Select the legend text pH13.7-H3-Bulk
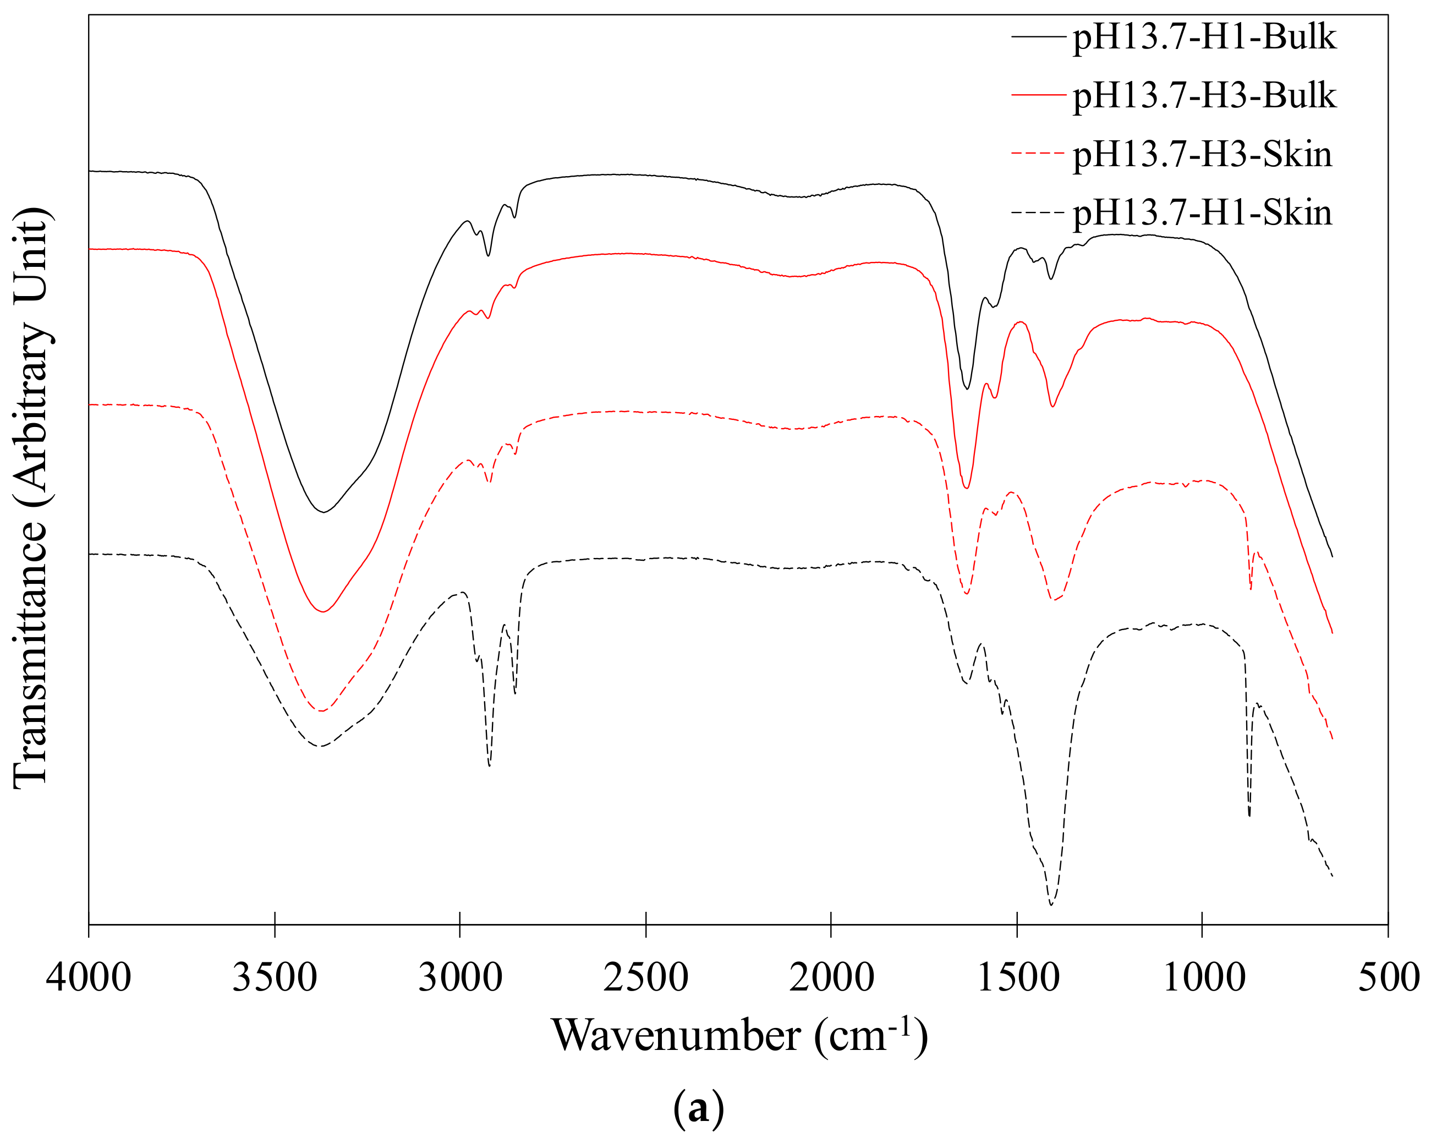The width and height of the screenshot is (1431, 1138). point(1204,96)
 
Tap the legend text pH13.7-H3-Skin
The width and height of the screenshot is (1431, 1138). point(1202,155)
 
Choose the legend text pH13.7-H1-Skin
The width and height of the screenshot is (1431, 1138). point(1202,213)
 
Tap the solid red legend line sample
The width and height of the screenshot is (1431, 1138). point(1039,96)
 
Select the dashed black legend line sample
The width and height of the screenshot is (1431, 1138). point(1039,213)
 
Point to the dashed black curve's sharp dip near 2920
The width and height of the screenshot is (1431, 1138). point(489,765)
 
